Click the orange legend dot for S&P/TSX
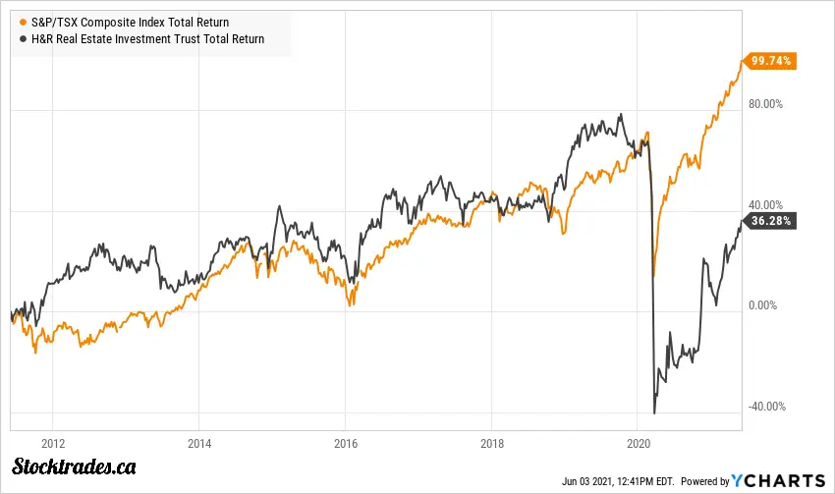point(24,23)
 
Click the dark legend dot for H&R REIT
point(24,39)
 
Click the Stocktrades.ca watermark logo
point(74,467)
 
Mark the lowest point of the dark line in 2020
point(654,413)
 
